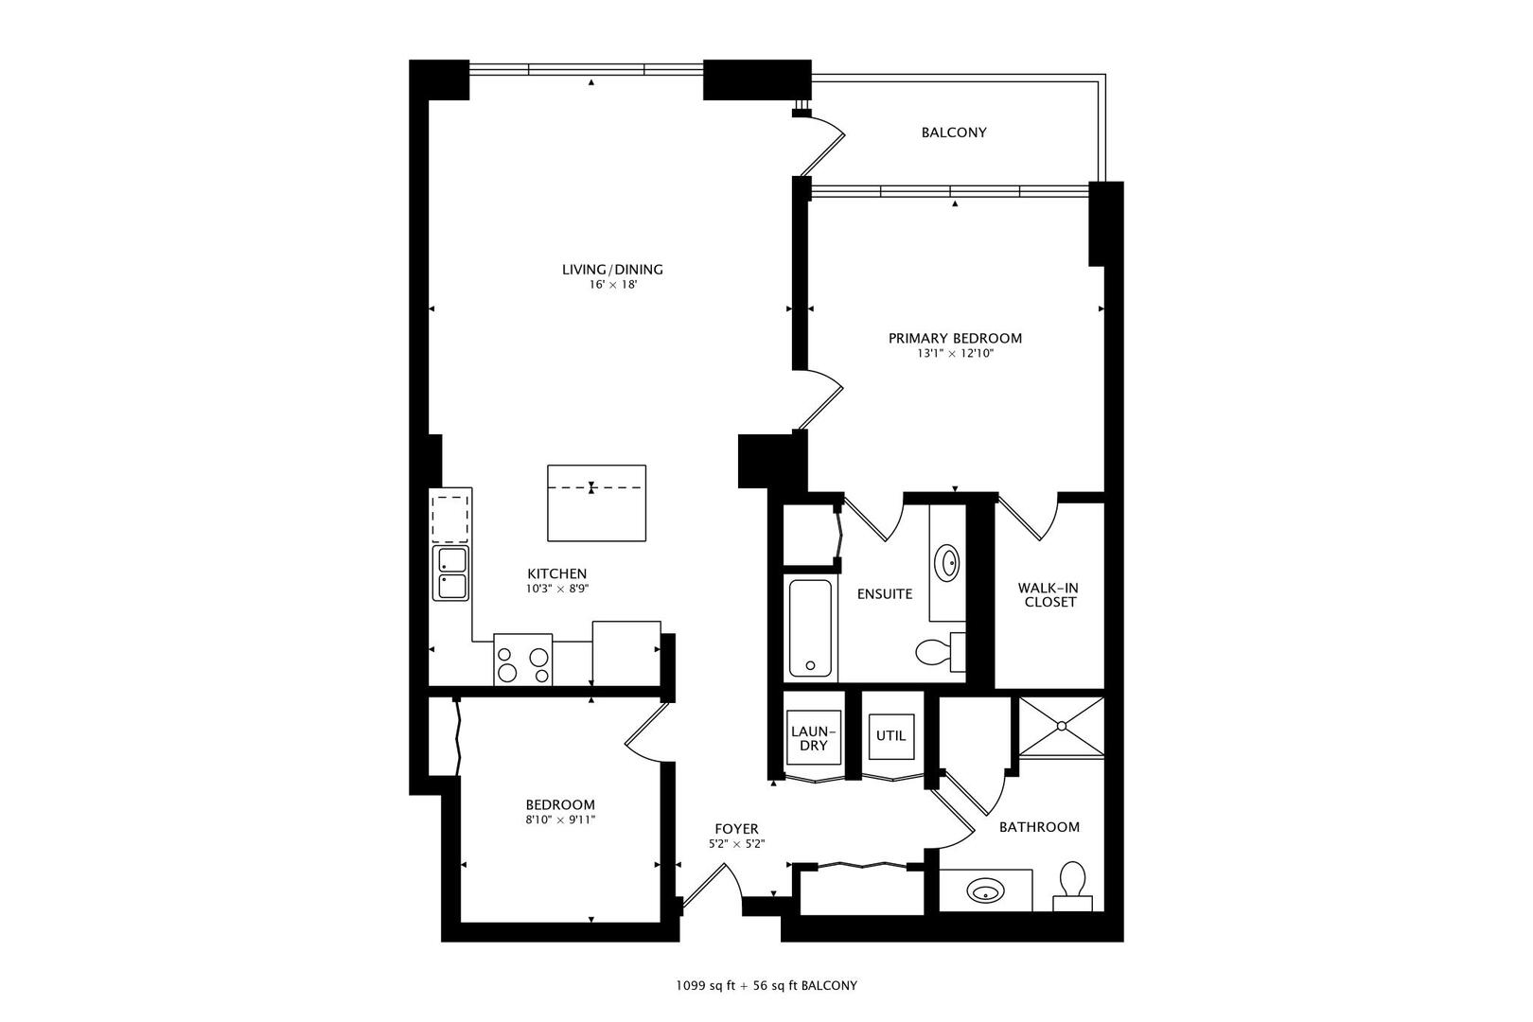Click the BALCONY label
tap(954, 132)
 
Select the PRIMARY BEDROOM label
tap(955, 338)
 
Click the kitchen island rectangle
tap(596, 502)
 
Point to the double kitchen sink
tap(451, 573)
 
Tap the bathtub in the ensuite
tap(810, 627)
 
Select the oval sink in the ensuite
tap(946, 564)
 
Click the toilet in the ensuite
tap(937, 651)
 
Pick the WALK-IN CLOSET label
tap(1048, 594)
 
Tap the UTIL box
tap(890, 735)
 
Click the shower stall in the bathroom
tap(1061, 727)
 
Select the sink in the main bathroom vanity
tap(985, 890)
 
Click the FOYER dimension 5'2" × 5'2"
tap(736, 844)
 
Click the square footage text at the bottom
tap(766, 985)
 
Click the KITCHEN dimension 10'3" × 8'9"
tap(557, 589)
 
